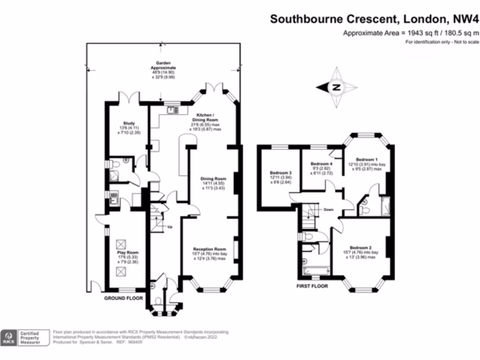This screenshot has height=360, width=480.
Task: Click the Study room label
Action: (129, 123)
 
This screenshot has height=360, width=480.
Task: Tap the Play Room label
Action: (125, 252)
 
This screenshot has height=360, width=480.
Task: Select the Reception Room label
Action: (210, 249)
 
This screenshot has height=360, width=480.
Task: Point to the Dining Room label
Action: (213, 179)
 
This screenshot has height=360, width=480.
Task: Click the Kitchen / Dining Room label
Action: (205, 115)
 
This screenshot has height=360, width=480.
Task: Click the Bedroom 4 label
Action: (322, 164)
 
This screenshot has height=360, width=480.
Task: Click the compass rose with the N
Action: (336, 87)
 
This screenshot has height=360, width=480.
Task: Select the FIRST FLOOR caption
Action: (312, 286)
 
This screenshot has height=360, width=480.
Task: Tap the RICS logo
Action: (8, 337)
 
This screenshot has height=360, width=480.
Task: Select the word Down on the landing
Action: (328, 210)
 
